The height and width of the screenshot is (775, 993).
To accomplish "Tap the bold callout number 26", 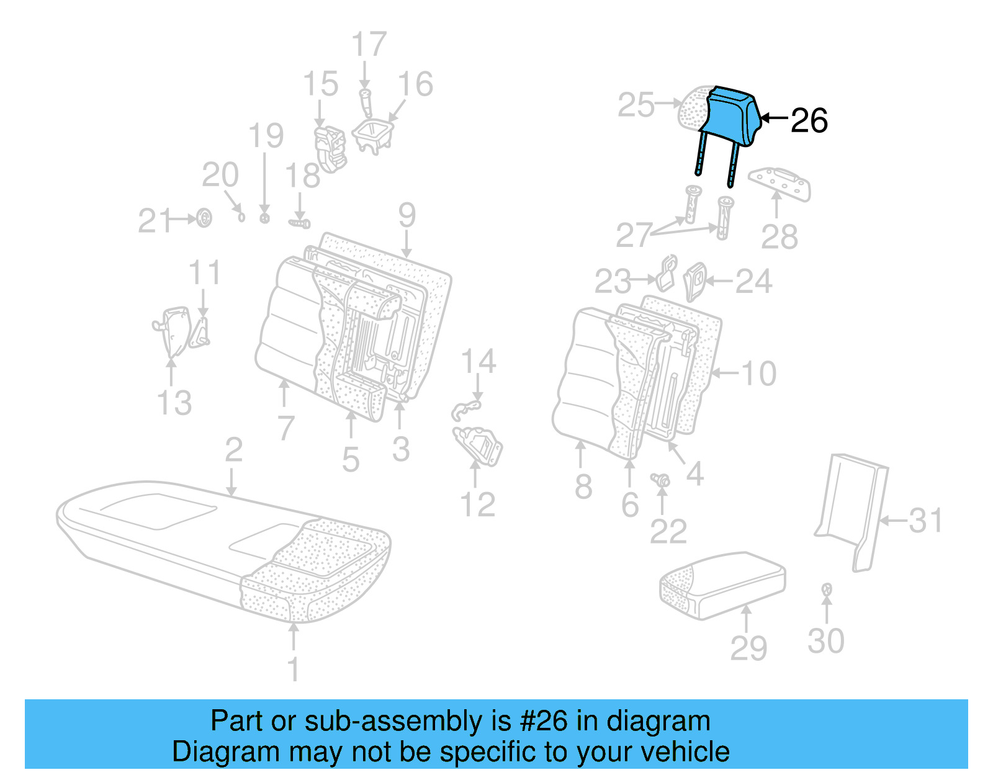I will point(809,120).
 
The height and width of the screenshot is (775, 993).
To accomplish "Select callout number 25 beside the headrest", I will point(636,105).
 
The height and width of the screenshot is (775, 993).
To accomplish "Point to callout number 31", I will point(925,521).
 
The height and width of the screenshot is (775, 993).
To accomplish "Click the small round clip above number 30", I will point(826,589).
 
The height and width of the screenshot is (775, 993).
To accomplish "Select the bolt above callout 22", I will point(661,480).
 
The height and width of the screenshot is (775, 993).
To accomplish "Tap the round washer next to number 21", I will point(204,218).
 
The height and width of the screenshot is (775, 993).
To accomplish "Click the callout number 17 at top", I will point(369,45).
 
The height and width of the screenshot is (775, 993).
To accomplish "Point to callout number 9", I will point(407,215).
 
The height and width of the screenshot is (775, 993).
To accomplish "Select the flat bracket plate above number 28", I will point(780,183).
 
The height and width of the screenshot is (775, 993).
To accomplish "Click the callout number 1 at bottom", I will point(293,670).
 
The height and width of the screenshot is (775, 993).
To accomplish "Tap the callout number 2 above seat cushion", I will point(233,450).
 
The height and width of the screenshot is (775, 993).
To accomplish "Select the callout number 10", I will point(758,374).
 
